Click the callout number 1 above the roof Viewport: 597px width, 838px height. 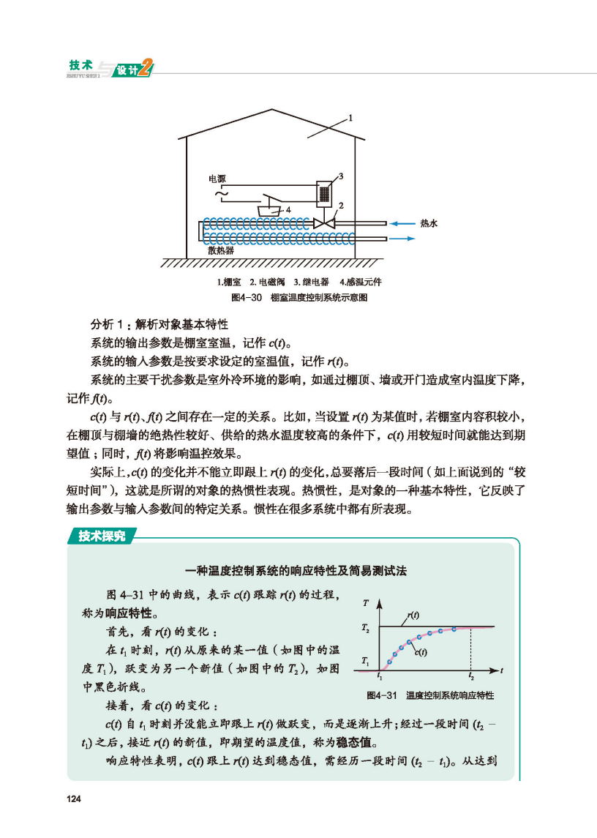pyautogui.click(x=350, y=117)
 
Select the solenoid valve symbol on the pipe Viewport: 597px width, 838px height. pyautogui.click(x=323, y=222)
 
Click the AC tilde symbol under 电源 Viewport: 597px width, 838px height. pyautogui.click(x=218, y=193)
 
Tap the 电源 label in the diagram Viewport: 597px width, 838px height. pyautogui.click(x=217, y=179)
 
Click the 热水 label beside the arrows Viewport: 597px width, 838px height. pyautogui.click(x=429, y=223)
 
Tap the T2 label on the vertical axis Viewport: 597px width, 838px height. pyautogui.click(x=365, y=628)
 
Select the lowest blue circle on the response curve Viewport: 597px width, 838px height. pyautogui.click(x=389, y=662)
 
